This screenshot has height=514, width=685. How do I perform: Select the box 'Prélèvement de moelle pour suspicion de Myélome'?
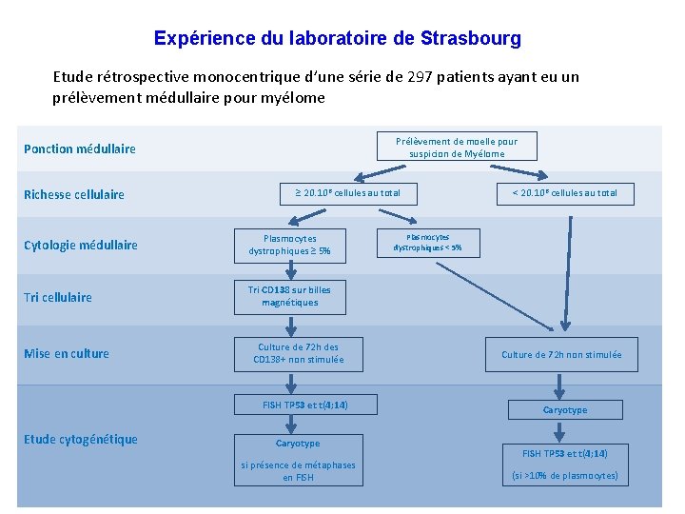pyautogui.click(x=457, y=148)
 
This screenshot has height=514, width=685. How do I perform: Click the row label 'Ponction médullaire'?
pyautogui.click(x=80, y=148)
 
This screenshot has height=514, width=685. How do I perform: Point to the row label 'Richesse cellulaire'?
pyautogui.click(x=74, y=194)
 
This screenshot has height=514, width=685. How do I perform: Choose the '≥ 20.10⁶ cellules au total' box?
pyautogui.click(x=342, y=193)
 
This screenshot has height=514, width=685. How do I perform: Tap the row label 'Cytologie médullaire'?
pyautogui.click(x=81, y=245)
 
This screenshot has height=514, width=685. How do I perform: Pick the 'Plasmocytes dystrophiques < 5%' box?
pyautogui.click(x=427, y=243)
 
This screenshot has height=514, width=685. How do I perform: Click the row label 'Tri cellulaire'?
pyautogui.click(x=58, y=297)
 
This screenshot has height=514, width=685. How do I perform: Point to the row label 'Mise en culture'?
pyautogui.click(x=67, y=353)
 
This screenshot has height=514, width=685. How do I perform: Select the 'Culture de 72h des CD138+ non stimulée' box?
pyautogui.click(x=298, y=353)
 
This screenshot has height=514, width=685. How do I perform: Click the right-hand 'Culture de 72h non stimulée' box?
pyautogui.click(x=561, y=355)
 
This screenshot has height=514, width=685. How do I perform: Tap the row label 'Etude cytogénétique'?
pyautogui.click(x=81, y=439)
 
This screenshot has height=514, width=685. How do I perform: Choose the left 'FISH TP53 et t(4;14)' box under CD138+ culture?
pyautogui.click(x=305, y=405)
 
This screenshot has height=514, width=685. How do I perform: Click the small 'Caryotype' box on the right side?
pyautogui.click(x=565, y=409)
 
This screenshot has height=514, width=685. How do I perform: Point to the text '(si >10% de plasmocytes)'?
pyautogui.click(x=565, y=475)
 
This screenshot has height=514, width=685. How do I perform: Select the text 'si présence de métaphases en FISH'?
pyautogui.click(x=298, y=471)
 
